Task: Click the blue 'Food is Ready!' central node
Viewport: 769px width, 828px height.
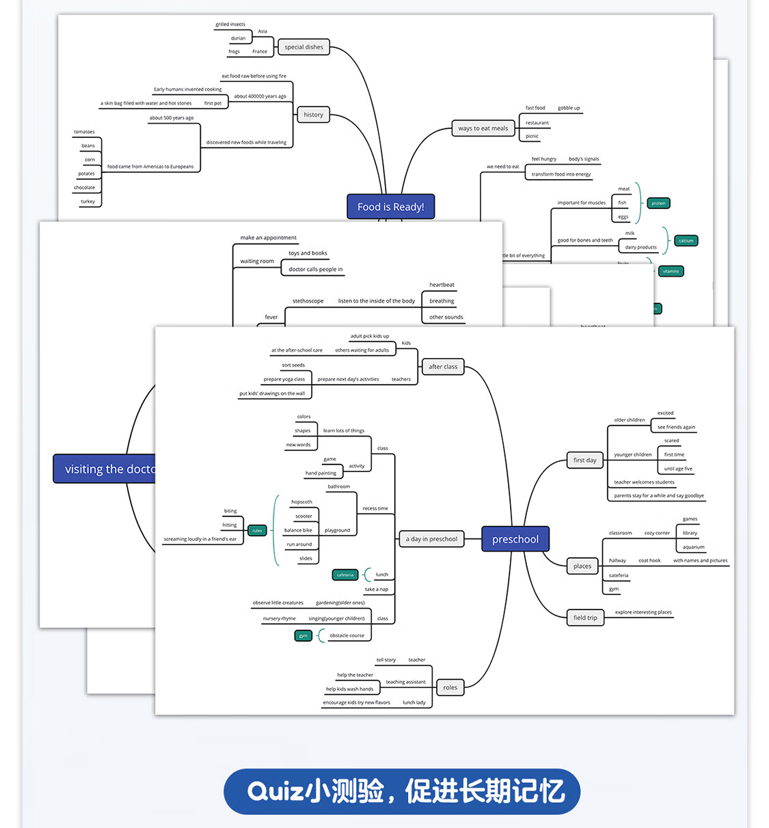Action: [390, 206]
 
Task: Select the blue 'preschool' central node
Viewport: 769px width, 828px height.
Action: [515, 539]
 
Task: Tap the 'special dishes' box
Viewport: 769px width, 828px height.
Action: [303, 47]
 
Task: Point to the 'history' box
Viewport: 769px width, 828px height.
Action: [313, 115]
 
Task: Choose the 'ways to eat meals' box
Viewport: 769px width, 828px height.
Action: [483, 128]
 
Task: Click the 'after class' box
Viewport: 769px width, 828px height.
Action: [443, 367]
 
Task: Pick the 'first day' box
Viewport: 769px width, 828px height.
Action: [584, 460]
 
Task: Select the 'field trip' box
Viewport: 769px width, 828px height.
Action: [584, 618]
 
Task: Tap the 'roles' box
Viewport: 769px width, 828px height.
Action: [450, 687]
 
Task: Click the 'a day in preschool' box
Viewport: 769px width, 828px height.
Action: [431, 539]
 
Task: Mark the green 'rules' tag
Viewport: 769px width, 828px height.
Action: [257, 530]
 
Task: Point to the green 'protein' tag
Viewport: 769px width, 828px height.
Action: [658, 203]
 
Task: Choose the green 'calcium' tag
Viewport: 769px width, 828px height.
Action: [686, 240]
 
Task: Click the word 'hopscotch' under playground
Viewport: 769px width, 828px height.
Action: [301, 502]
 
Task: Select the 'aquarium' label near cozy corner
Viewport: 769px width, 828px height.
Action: [693, 547]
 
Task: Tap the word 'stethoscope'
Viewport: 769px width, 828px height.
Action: [308, 301]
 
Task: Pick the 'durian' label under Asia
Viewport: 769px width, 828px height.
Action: [238, 38]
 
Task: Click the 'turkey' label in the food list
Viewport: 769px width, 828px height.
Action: [88, 202]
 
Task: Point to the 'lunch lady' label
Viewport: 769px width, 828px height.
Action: [414, 702]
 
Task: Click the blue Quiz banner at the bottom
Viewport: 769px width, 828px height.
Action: [402, 791]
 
